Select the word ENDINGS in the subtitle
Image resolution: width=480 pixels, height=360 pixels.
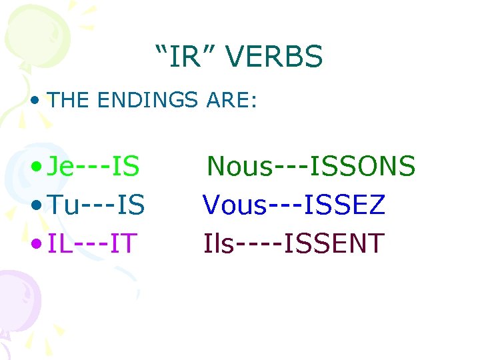[147, 101]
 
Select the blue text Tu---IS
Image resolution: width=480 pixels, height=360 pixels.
[97, 205]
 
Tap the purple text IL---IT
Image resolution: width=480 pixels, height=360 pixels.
[93, 244]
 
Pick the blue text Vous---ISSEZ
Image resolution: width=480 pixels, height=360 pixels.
[294, 205]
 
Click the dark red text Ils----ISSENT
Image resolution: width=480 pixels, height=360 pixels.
[294, 244]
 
